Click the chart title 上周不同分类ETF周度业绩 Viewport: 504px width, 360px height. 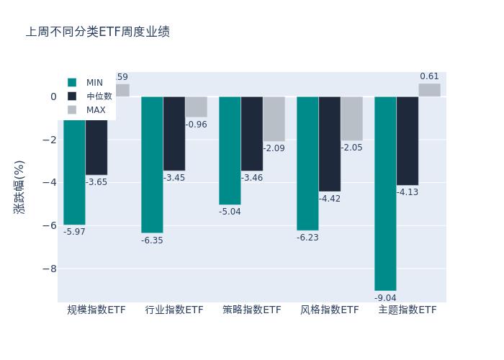pyautogui.click(x=98, y=32)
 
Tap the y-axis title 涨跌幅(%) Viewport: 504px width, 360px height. pyautogui.click(x=19, y=186)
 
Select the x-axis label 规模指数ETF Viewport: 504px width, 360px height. pyautogui.click(x=96, y=310)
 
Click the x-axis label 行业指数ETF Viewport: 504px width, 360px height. pyautogui.click(x=174, y=310)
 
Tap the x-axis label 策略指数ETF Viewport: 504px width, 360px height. pyautogui.click(x=252, y=310)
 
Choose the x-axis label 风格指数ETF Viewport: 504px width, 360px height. pyautogui.click(x=330, y=310)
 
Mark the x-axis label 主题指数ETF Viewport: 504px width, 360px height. pyautogui.click(x=408, y=310)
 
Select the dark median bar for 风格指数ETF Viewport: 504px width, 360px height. pyautogui.click(x=330, y=144)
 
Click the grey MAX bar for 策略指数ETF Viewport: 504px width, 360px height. pyautogui.click(x=274, y=119)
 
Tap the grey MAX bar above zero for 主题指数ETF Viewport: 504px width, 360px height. pyautogui.click(x=429, y=90)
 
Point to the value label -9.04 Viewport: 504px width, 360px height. pyautogui.click(x=385, y=298)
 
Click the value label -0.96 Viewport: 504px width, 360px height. pyautogui.click(x=196, y=125)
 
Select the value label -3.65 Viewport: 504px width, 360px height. pyautogui.click(x=96, y=182)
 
